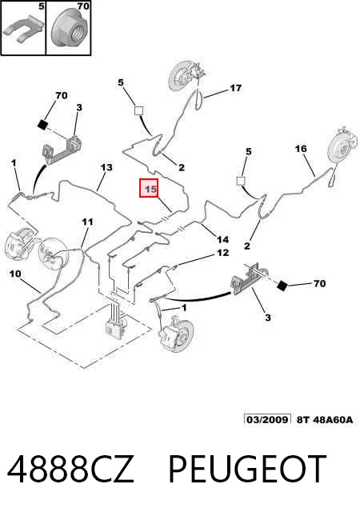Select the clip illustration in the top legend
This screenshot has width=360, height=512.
(23, 29)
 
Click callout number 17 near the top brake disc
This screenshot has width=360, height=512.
(235, 88)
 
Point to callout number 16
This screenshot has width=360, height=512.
(301, 149)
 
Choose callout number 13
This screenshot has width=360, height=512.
(106, 167)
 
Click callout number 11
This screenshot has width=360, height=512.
(87, 222)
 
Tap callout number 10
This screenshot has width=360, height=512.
(15, 274)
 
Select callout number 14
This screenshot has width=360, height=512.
(222, 240)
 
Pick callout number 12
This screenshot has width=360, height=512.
(222, 253)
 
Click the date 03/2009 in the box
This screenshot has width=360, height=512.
(267, 419)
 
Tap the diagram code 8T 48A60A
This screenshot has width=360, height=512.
(325, 419)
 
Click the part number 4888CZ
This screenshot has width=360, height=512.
(71, 470)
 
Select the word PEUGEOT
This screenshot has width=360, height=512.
(247, 470)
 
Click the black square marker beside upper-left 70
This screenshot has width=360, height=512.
(43, 125)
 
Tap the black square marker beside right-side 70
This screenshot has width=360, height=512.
(282, 285)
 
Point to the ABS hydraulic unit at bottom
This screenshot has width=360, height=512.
(115, 325)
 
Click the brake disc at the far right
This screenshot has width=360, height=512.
(342, 150)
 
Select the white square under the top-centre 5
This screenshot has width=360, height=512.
(138, 110)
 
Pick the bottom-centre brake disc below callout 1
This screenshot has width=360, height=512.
(178, 334)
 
